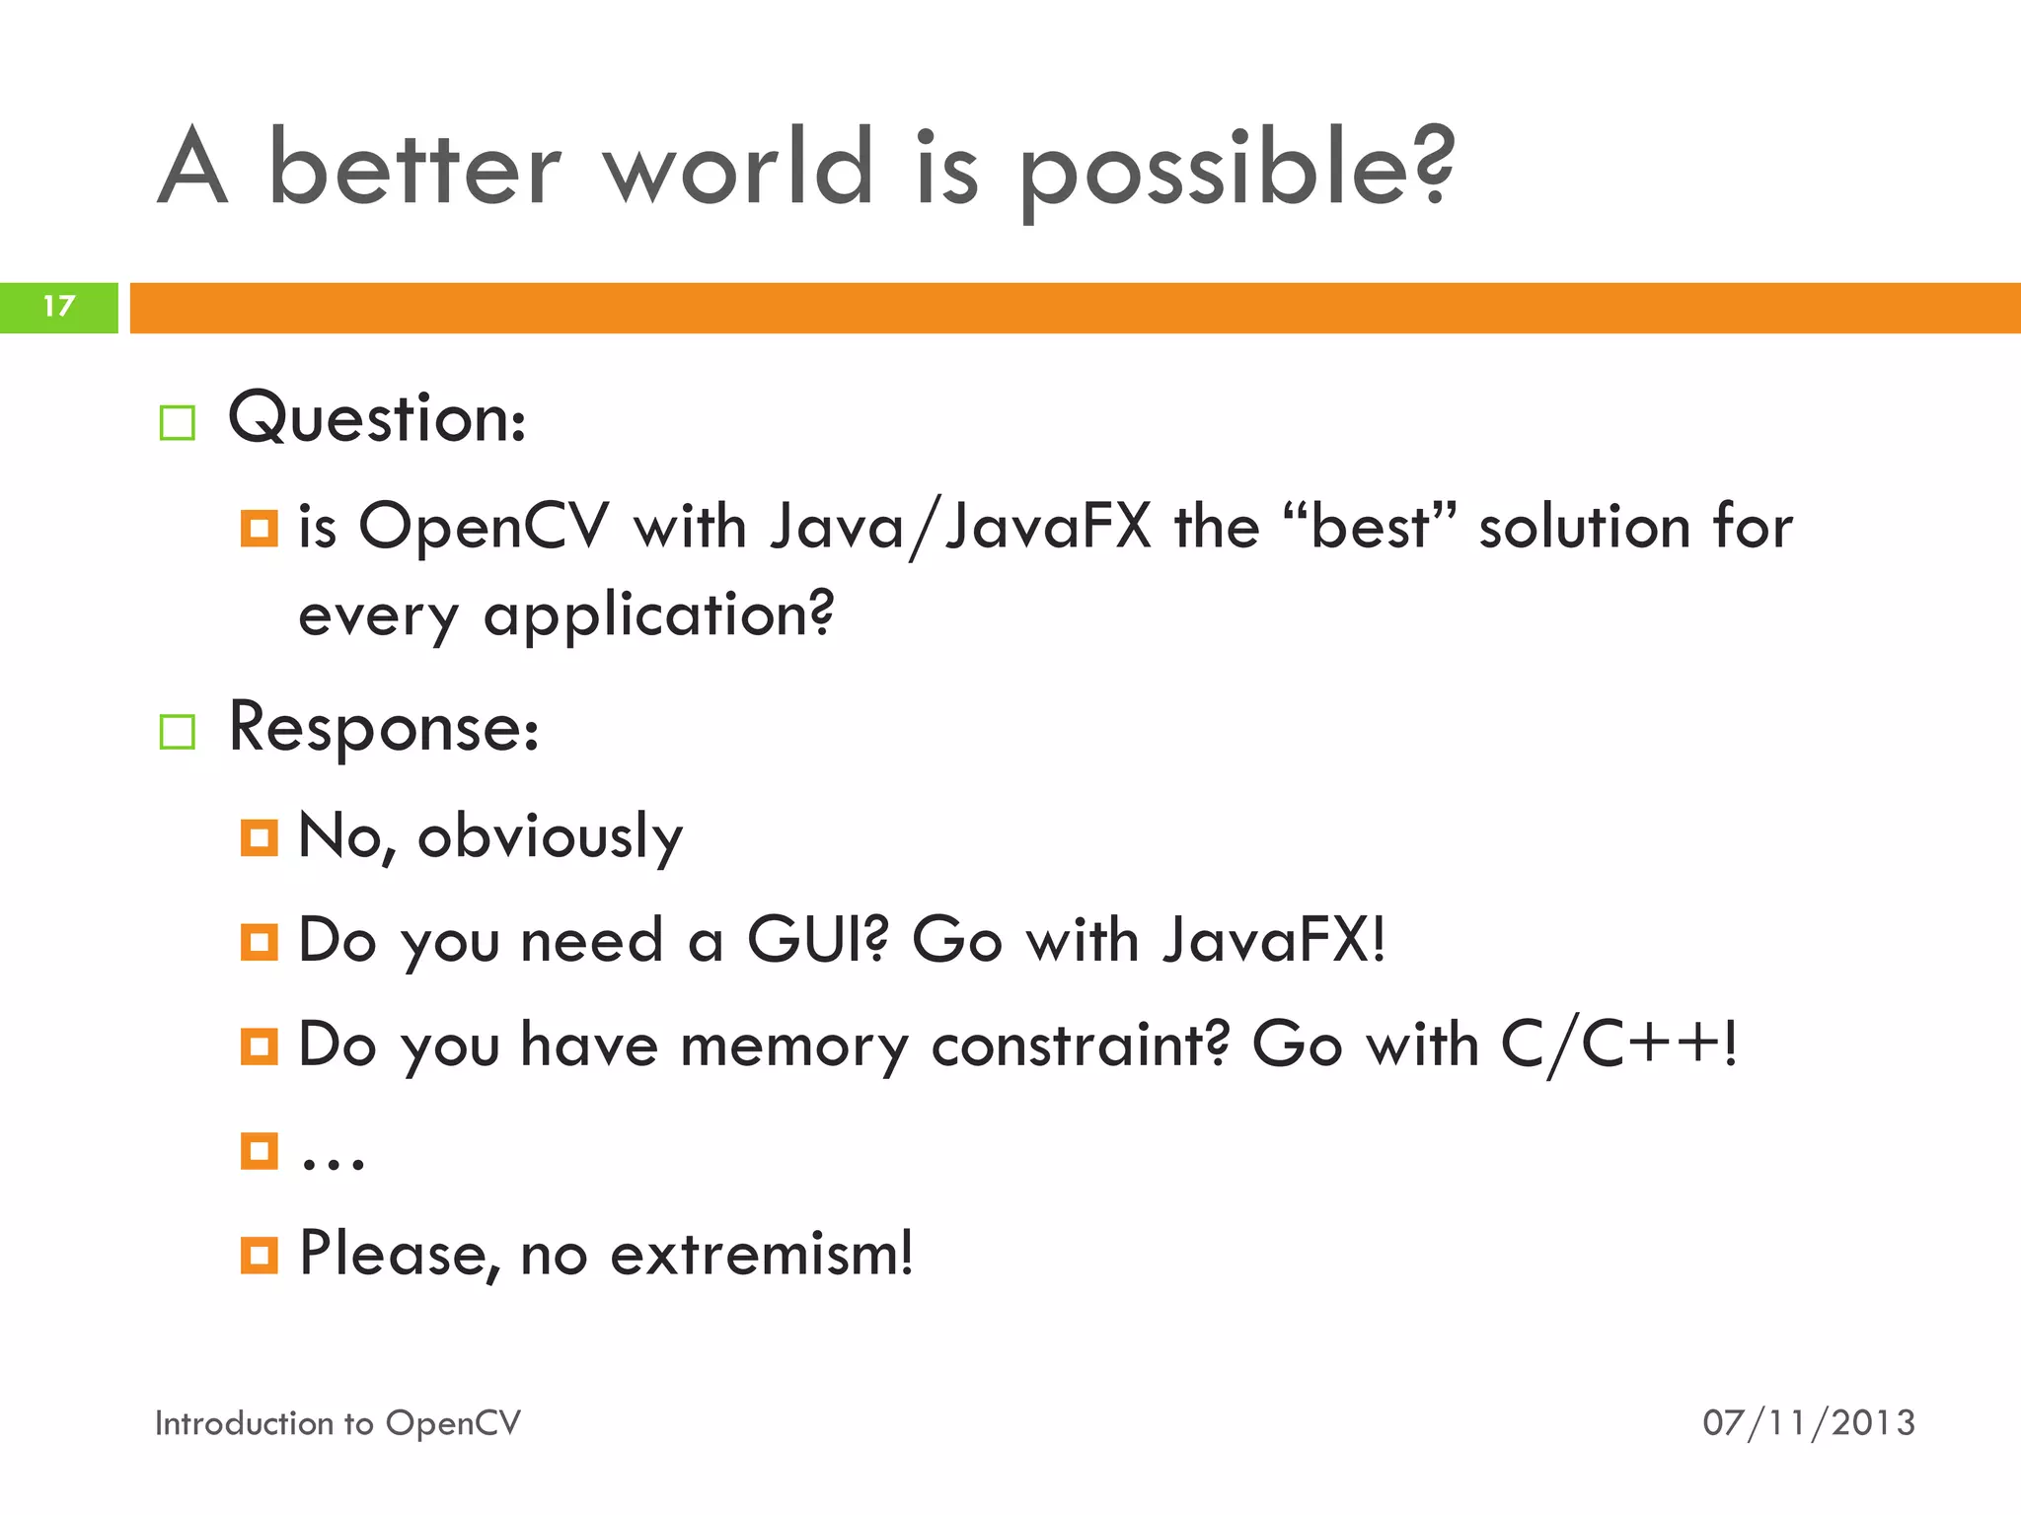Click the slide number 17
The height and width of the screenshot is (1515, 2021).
[x=59, y=307]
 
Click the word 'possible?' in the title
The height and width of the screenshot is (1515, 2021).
[x=1235, y=170]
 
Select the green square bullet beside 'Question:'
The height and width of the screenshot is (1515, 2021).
[x=178, y=423]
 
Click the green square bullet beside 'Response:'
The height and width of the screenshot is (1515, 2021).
[x=178, y=732]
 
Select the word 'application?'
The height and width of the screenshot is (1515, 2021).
[x=658, y=615]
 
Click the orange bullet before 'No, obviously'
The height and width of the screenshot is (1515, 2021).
[x=260, y=838]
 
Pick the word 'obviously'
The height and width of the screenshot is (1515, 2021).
[x=550, y=838]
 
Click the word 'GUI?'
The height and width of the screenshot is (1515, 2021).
[x=817, y=939]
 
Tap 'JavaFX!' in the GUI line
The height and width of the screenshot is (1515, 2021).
[x=1274, y=939]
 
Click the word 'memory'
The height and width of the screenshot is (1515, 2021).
[x=793, y=1046]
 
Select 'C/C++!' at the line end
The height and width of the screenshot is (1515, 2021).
[x=1618, y=1046]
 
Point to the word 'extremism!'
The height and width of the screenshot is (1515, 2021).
[x=761, y=1255]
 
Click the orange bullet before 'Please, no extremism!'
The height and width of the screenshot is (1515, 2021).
[x=260, y=1256]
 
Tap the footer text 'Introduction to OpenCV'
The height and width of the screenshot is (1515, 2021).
[x=337, y=1423]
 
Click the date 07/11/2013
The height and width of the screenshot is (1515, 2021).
[x=1808, y=1423]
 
